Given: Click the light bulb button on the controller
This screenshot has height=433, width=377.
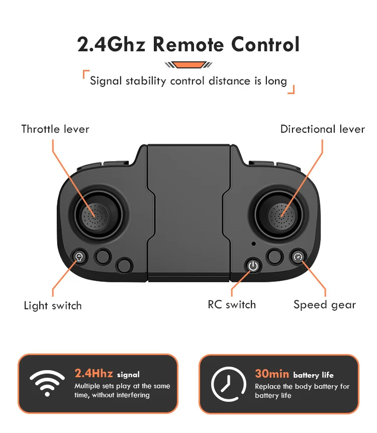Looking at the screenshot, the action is (x=79, y=257).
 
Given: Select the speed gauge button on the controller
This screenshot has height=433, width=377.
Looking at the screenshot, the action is (x=298, y=257).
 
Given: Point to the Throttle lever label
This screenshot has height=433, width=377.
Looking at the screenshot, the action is (x=55, y=129).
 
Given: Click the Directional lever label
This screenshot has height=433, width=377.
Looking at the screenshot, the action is (x=322, y=129).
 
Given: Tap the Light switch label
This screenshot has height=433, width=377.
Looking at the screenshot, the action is (x=53, y=306).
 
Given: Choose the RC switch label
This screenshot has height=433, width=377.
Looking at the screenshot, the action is (x=232, y=305).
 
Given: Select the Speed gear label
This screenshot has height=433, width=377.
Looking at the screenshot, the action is (x=325, y=305).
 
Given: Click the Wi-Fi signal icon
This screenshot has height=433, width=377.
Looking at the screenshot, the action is (x=47, y=383).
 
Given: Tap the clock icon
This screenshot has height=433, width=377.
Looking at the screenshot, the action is (x=229, y=384).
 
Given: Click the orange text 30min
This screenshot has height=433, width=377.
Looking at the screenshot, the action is (x=272, y=374).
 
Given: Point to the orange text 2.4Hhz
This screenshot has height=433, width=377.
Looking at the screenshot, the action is (x=93, y=373).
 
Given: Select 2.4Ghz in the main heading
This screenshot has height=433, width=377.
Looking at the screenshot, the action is (x=111, y=44).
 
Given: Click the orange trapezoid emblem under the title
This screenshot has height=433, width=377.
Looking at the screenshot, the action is (x=189, y=65).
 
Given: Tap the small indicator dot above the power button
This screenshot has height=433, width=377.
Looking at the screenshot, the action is (x=253, y=243).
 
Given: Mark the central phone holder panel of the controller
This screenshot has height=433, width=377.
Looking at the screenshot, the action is (x=189, y=213).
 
